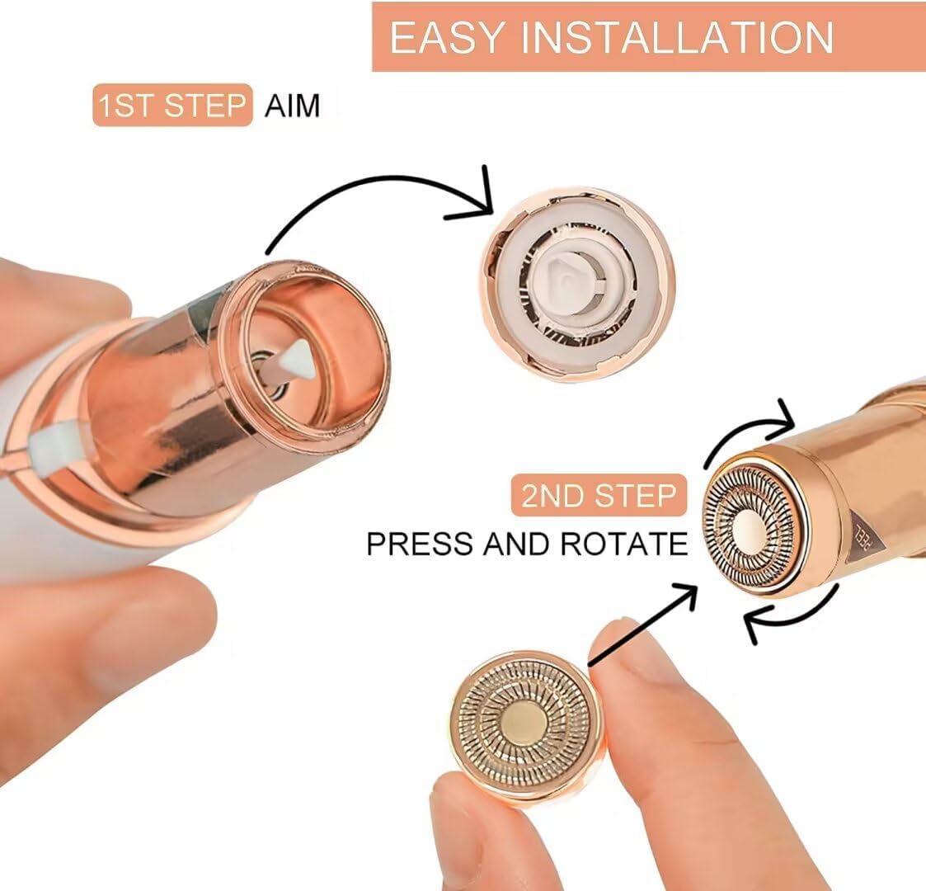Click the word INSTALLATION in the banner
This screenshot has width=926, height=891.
[x=677, y=37]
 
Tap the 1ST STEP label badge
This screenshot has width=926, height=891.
[x=172, y=105]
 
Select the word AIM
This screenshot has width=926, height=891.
[x=292, y=106]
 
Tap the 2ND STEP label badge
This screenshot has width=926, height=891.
[x=599, y=495]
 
